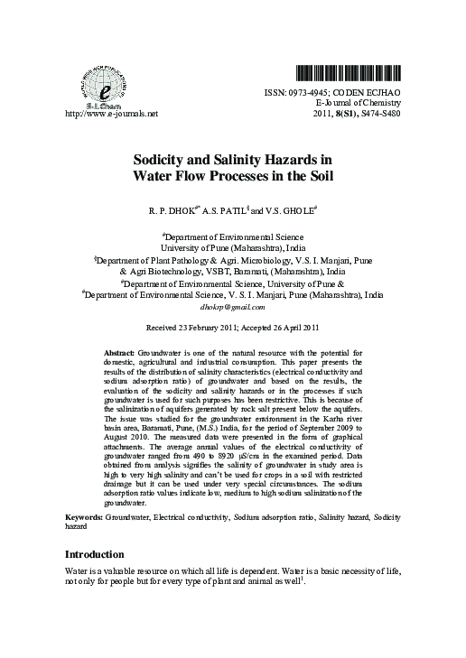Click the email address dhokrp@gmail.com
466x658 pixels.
pyautogui.click(x=232, y=307)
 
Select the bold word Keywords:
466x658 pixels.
pyautogui.click(x=85, y=517)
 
